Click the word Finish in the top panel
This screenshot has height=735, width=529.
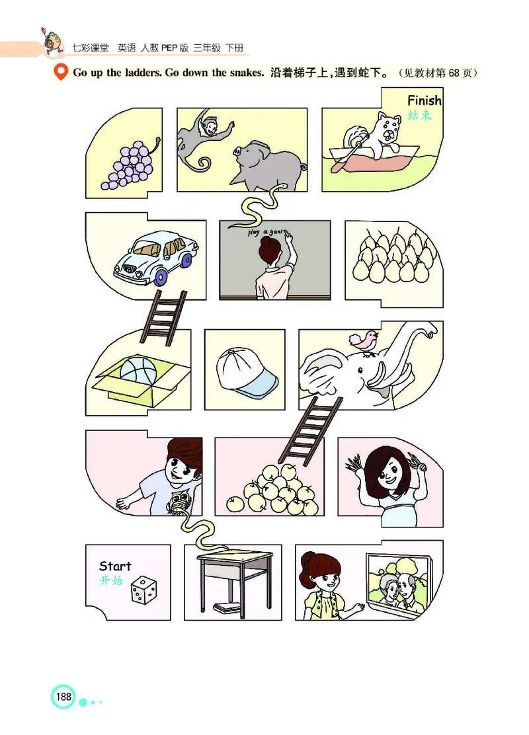coord(424,101)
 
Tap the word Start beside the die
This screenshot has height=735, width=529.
coord(115,566)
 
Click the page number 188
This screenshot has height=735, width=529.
coord(63,697)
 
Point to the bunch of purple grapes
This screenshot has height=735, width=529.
coord(130,165)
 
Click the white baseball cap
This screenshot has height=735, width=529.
coord(247,374)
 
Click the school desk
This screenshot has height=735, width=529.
coord(235,575)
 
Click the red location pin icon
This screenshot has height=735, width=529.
coord(60,73)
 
